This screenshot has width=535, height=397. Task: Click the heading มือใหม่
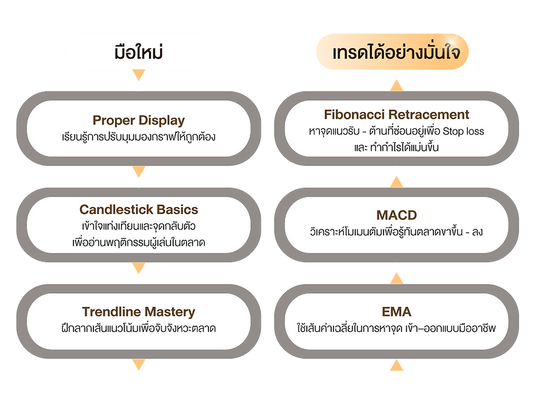[139, 52]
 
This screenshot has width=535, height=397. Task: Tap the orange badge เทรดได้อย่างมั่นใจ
[392, 52]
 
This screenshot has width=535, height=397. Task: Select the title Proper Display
[139, 120]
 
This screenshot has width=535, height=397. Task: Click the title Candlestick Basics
[139, 209]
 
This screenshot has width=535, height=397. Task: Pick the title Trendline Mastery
[139, 312]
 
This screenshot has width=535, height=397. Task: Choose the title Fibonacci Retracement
[396, 114]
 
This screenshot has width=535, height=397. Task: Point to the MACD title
[396, 215]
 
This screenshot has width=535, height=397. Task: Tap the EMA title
[396, 312]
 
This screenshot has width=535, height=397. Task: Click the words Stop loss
[463, 131]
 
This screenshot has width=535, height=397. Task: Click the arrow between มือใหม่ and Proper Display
[139, 75]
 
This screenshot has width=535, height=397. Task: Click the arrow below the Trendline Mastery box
[139, 364]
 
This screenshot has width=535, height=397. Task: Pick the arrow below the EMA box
[396, 365]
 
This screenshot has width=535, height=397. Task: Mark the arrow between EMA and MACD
[396, 278]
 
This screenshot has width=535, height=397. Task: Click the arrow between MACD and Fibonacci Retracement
[396, 182]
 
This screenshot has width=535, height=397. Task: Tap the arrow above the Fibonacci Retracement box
[396, 85]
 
